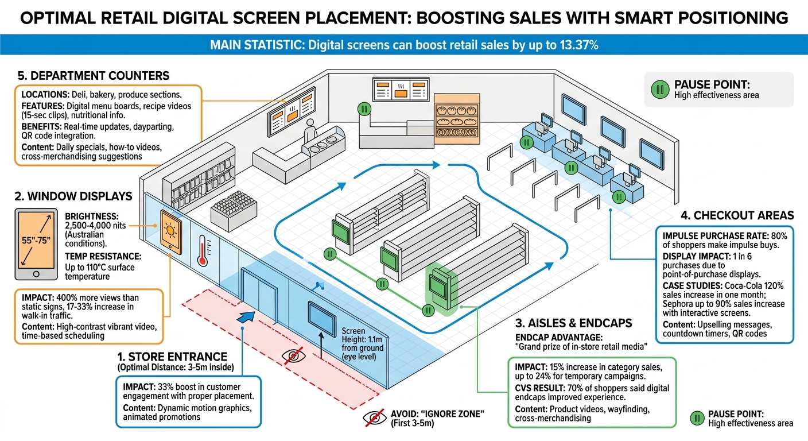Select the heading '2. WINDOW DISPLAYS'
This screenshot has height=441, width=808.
pyautogui.click(x=73, y=196)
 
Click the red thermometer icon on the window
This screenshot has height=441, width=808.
pyautogui.click(x=201, y=251)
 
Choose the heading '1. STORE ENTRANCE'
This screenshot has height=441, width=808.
pyautogui.click(x=172, y=357)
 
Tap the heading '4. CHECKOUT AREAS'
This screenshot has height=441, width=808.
pyautogui.click(x=737, y=215)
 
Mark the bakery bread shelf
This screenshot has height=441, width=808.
pyautogui.click(x=456, y=118)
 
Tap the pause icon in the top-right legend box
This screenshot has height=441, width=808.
pyautogui.click(x=660, y=89)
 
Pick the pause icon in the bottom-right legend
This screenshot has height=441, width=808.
pyautogui.click(x=697, y=418)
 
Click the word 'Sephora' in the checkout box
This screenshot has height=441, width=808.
pyautogui.click(x=681, y=304)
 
